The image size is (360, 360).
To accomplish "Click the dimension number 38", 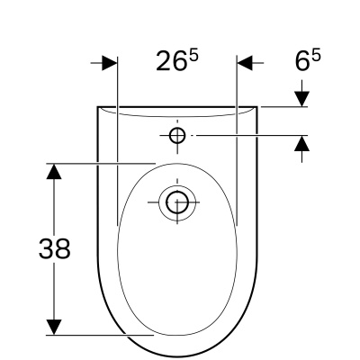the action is click(55, 248).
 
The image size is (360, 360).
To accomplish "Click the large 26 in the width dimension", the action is click(170, 61).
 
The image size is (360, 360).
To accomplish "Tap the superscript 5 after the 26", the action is click(193, 56).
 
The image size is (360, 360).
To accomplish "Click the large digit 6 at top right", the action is click(302, 61).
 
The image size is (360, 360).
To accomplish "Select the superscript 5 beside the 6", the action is click(316, 56).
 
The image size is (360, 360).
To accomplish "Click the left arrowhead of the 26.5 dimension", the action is click(109, 63).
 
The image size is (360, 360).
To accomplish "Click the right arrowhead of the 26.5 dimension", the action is click(245, 63).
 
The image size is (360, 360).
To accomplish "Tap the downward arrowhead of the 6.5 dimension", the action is click(301, 99).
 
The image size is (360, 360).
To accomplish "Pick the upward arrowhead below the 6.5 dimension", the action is click(301, 143).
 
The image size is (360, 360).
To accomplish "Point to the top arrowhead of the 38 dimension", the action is click(54, 171).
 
